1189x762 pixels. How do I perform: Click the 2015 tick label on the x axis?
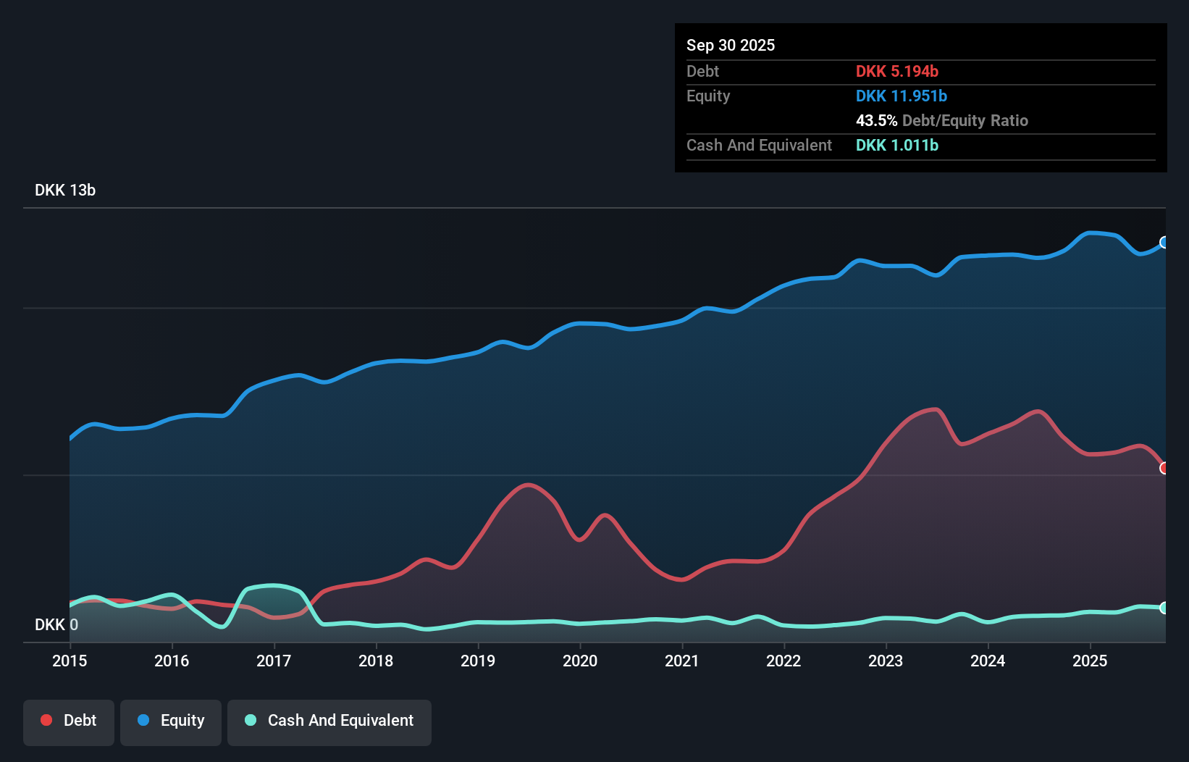click(70, 661)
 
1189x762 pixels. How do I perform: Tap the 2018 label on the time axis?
click(376, 661)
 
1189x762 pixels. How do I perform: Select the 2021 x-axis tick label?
click(682, 661)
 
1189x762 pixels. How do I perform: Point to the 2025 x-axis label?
click(1090, 661)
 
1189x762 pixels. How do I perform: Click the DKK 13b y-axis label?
click(65, 190)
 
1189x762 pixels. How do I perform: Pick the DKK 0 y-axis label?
click(56, 624)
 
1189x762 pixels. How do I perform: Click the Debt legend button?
click(69, 721)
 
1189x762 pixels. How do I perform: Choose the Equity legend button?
click(171, 721)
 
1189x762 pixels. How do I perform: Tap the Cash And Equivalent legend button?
click(329, 721)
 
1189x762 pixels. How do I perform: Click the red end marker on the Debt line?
click(1164, 468)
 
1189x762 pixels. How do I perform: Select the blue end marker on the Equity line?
click(1164, 242)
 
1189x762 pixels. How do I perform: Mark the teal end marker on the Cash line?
click(1164, 608)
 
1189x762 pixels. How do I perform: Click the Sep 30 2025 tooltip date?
click(731, 45)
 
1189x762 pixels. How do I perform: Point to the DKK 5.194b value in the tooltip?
click(896, 71)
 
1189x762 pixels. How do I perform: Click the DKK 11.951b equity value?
click(901, 96)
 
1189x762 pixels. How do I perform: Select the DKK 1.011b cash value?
click(896, 145)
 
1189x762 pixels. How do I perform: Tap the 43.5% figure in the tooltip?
click(876, 120)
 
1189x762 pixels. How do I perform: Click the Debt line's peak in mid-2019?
click(529, 485)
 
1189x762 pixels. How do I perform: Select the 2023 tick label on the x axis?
click(886, 661)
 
